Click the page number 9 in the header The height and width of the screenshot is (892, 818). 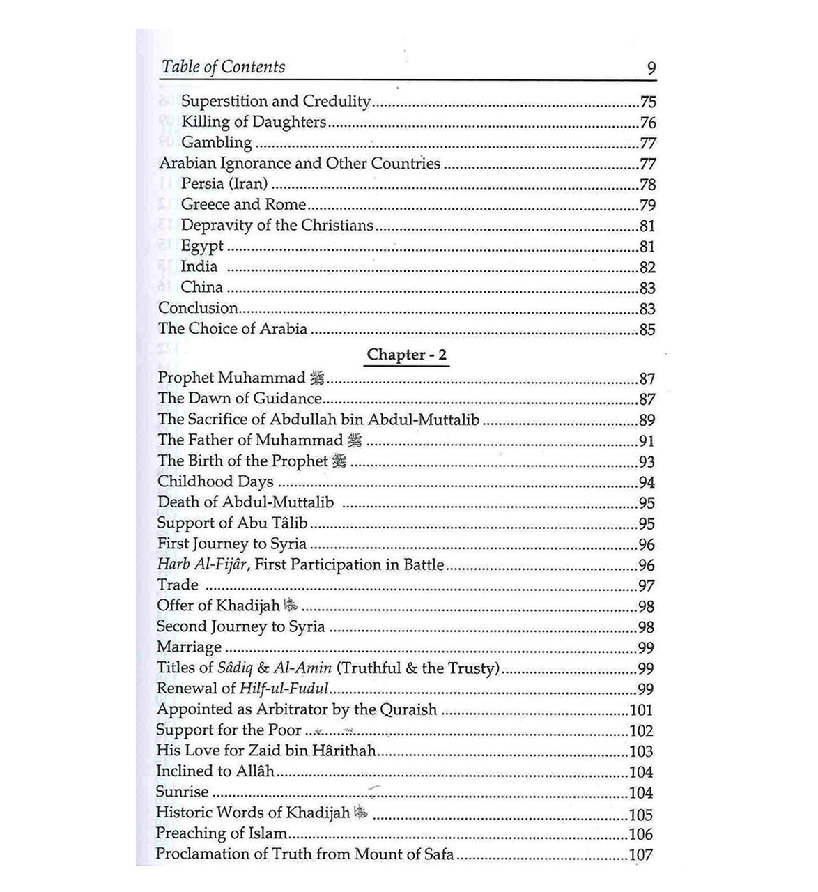point(651,68)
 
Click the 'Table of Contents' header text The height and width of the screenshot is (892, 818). point(223,67)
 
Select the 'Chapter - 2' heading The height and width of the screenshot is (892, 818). point(407,355)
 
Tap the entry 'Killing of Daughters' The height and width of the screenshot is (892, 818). point(254,122)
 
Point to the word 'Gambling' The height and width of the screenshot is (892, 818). point(217,143)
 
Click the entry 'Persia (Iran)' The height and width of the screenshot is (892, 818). point(224,184)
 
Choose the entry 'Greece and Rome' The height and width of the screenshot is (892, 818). point(243,204)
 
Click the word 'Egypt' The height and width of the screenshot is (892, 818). point(202,246)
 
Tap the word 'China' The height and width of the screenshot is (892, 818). point(201,287)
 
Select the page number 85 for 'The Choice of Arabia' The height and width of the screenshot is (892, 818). point(647,329)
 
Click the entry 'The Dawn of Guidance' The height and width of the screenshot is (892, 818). point(240,399)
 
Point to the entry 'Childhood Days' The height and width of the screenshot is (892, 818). point(215,482)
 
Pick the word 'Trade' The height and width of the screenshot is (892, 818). point(178,585)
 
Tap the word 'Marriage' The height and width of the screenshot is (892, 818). point(189,647)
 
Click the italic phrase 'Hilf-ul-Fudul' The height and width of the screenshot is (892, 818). point(284,689)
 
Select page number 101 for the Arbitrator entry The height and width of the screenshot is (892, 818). point(641,710)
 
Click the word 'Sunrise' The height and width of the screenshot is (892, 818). point(182,792)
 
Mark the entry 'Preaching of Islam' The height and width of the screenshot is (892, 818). point(222,833)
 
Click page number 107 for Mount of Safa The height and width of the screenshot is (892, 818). point(641,854)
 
